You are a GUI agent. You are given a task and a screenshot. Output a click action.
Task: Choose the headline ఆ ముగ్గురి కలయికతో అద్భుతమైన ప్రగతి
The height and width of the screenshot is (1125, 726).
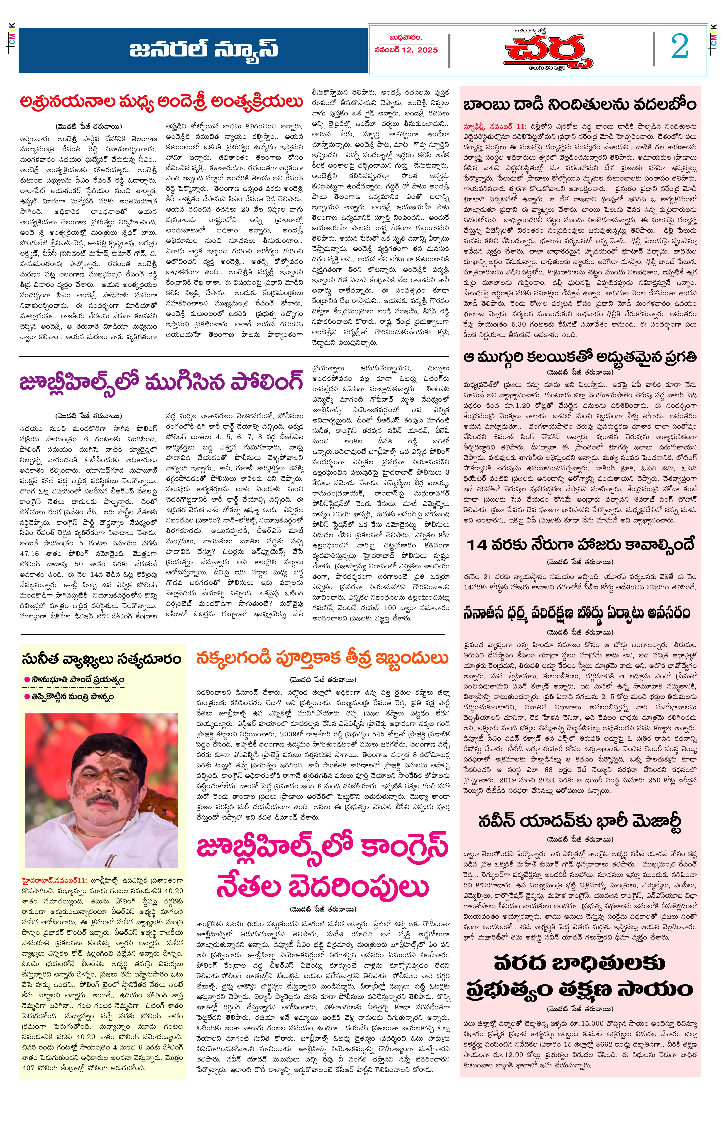(580, 357)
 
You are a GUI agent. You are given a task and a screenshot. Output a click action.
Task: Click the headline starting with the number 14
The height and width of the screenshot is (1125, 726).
(580, 545)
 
